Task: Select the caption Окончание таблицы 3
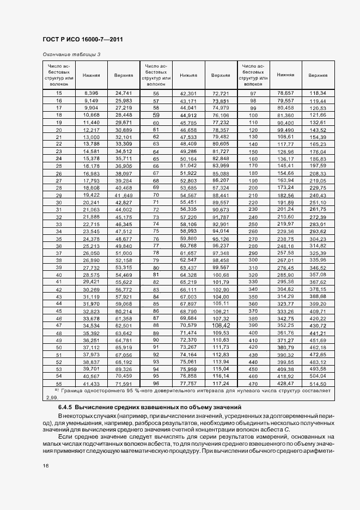pyautogui.click(x=71, y=54)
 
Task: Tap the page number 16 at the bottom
pyautogui.click(x=45, y=466)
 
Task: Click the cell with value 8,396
pyautogui.click(x=90, y=93)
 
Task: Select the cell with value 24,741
pyautogui.click(x=124, y=93)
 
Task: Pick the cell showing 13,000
pyautogui.click(x=90, y=137)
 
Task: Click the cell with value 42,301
pyautogui.click(x=187, y=94)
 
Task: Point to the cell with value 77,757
pyautogui.click(x=187, y=383)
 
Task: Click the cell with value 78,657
pyautogui.click(x=285, y=93)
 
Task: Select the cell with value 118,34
pyautogui.click(x=318, y=93)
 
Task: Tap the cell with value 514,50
pyautogui.click(x=318, y=384)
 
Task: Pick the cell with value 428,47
pyautogui.click(x=285, y=383)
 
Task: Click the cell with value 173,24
pyautogui.click(x=285, y=187)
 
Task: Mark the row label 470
pyautogui.click(x=253, y=383)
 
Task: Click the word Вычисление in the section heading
pyautogui.click(x=100, y=408)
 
